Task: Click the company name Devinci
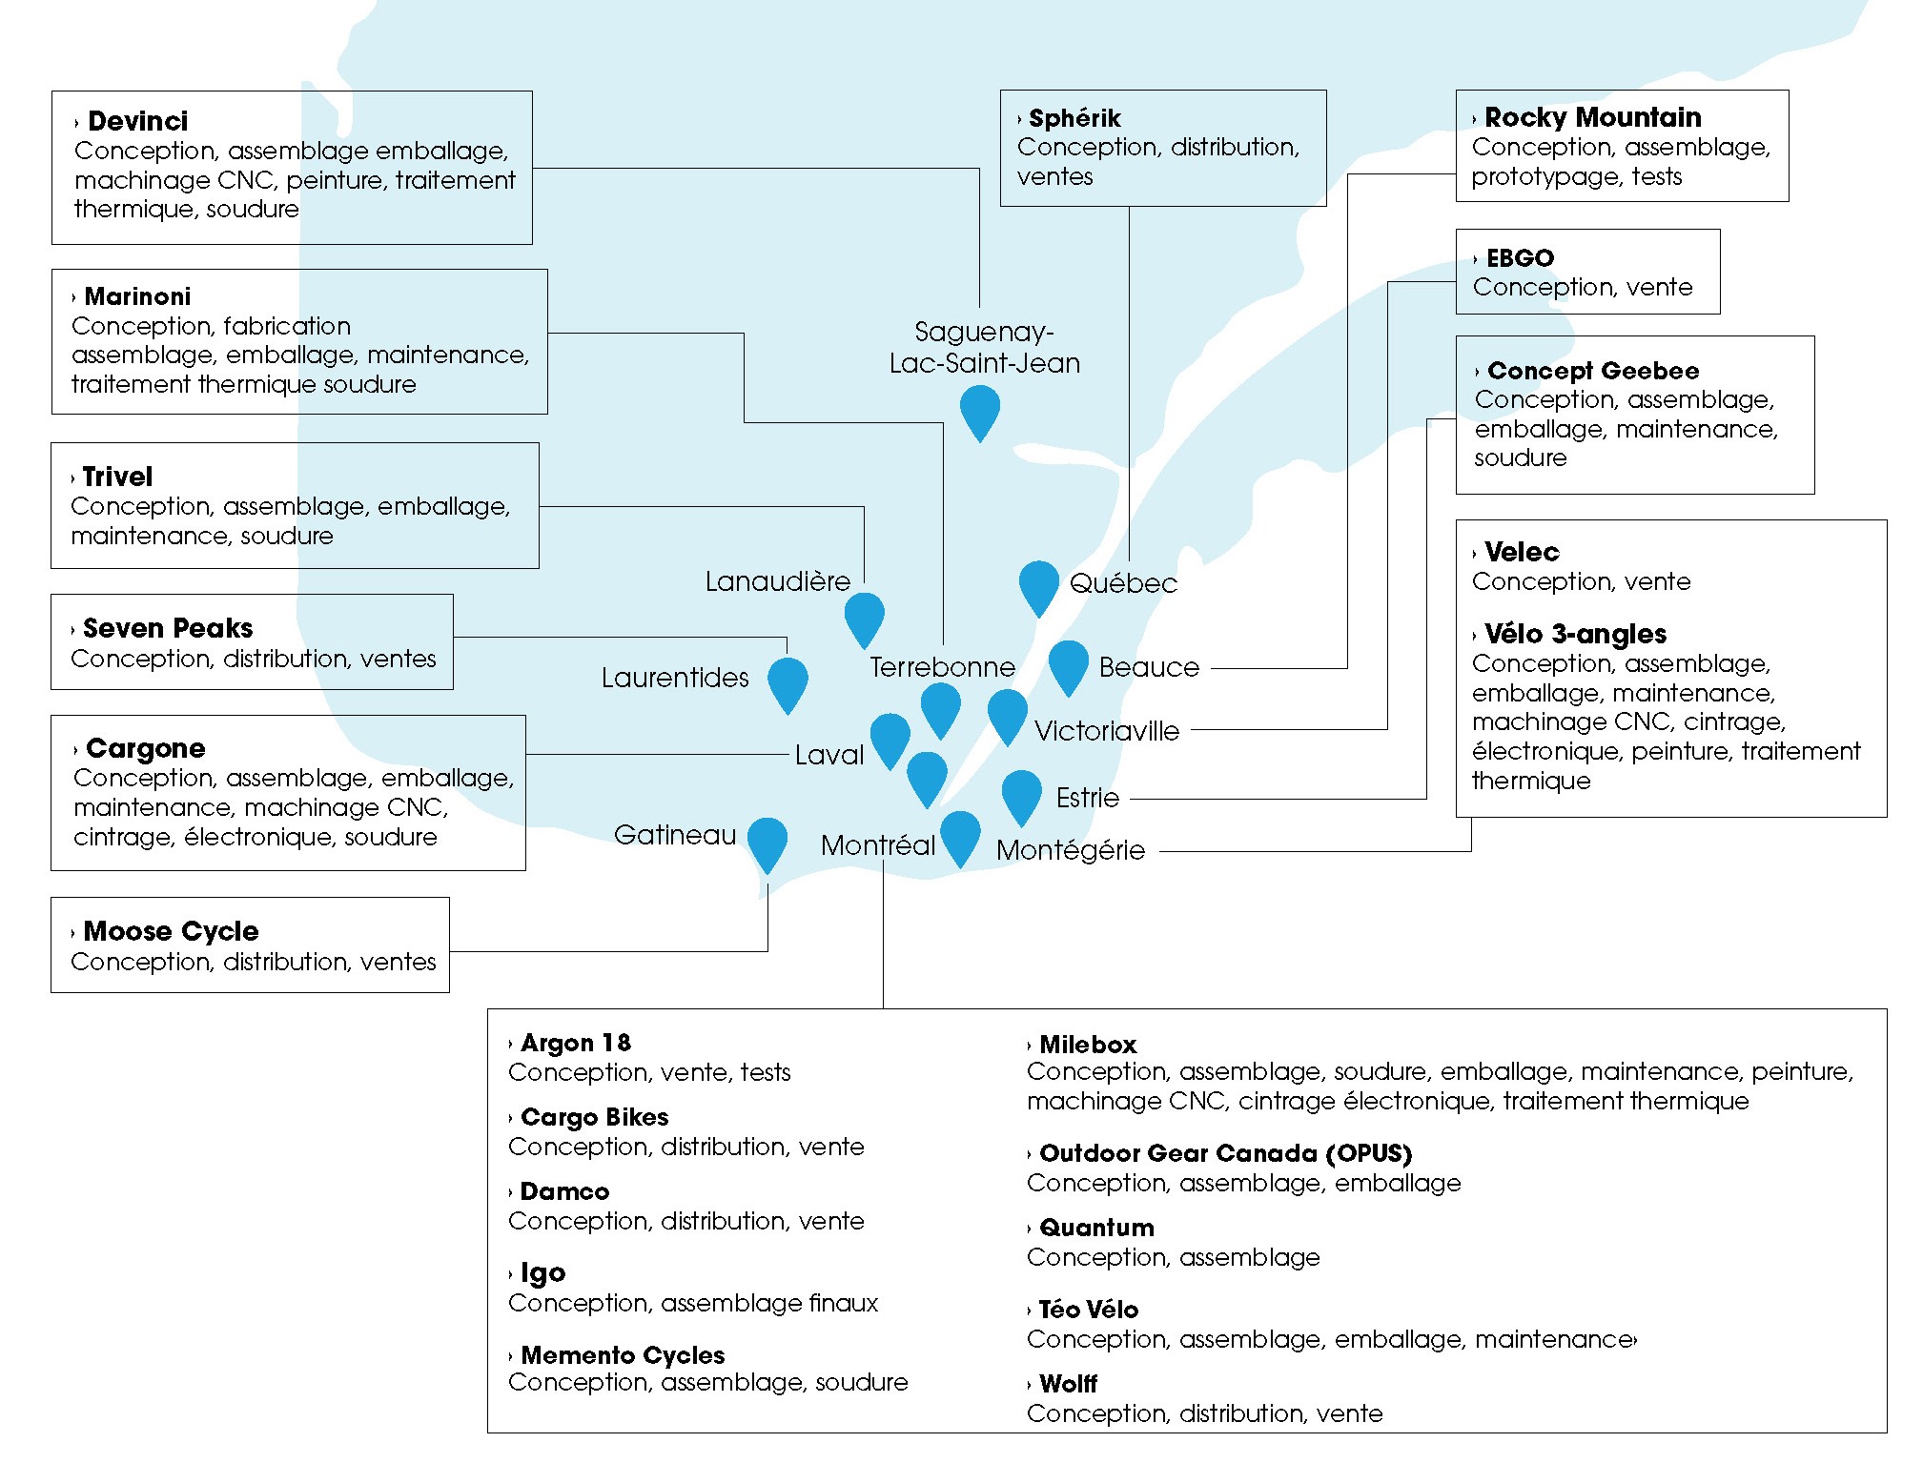coord(137,121)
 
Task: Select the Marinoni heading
coord(137,296)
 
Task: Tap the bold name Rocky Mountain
coord(1592,117)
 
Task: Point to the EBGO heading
coord(1520,258)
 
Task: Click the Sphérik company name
coord(1074,118)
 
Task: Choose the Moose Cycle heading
coord(171,931)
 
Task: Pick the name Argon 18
coord(576,1043)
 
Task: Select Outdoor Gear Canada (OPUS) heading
coord(1225,1153)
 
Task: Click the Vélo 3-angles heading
coord(1575,634)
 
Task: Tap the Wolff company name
coord(1068,1384)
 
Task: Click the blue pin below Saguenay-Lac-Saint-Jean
coord(979,410)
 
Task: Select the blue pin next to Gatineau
coord(767,842)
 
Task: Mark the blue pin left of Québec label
coord(1038,584)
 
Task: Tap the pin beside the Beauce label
coord(1068,664)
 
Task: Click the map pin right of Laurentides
coord(788,681)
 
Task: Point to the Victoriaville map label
coord(1106,731)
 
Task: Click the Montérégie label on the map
coord(1070,850)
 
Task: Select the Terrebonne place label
coord(942,667)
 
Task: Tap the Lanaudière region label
coord(777,581)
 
